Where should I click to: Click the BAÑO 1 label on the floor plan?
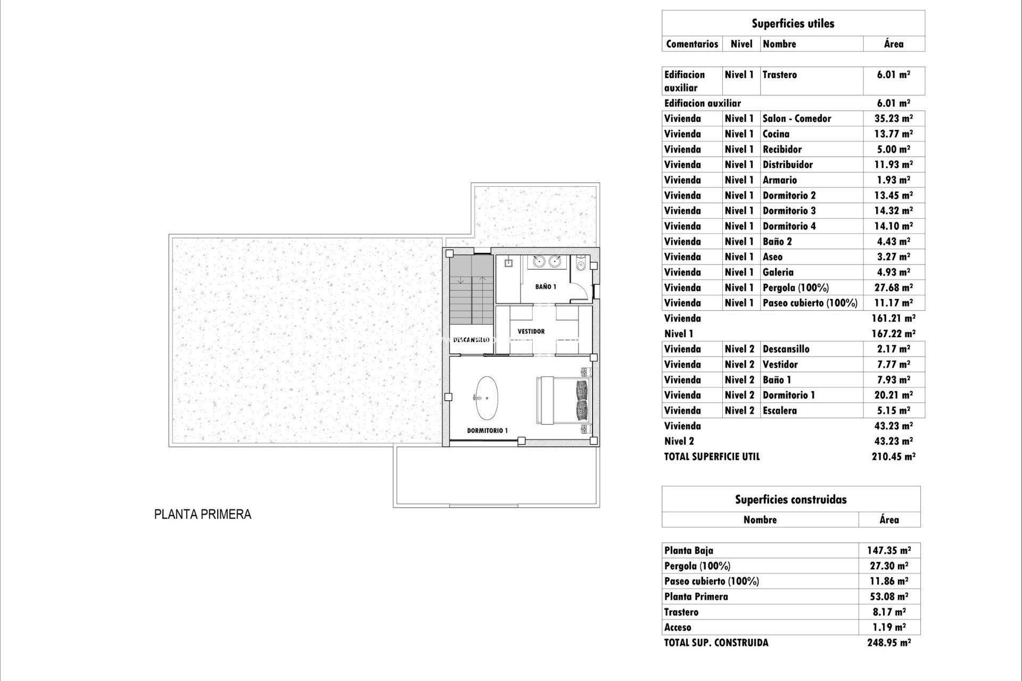click(x=546, y=287)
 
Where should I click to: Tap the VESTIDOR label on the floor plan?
click(x=531, y=331)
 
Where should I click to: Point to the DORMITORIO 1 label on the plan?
click(x=488, y=430)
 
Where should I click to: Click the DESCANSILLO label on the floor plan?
click(x=471, y=339)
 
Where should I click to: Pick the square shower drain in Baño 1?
click(x=508, y=262)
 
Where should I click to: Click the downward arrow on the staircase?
click(x=461, y=280)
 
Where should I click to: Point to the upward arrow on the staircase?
click(x=482, y=279)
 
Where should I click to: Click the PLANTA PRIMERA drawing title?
click(x=202, y=514)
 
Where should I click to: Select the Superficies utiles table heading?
click(x=793, y=23)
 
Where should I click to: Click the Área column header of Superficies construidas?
click(x=889, y=520)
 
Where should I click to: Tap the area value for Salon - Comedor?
click(x=893, y=119)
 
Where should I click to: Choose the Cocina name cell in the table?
click(x=776, y=134)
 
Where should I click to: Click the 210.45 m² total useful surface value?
click(x=893, y=456)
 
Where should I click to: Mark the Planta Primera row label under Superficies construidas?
click(x=696, y=596)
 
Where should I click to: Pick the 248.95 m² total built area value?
click(x=889, y=643)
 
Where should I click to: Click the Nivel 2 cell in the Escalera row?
click(x=739, y=411)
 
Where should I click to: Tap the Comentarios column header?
click(x=692, y=44)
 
